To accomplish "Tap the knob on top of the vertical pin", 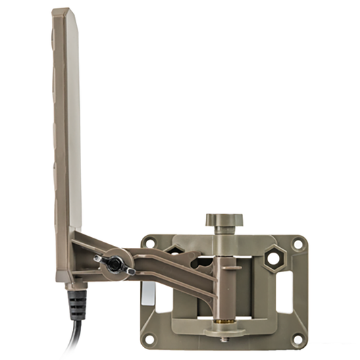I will (x=224, y=220).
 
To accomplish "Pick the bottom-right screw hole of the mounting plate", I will (x=297, y=338).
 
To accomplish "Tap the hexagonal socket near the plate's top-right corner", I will (x=274, y=257).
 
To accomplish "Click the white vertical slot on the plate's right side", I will (x=284, y=291).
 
